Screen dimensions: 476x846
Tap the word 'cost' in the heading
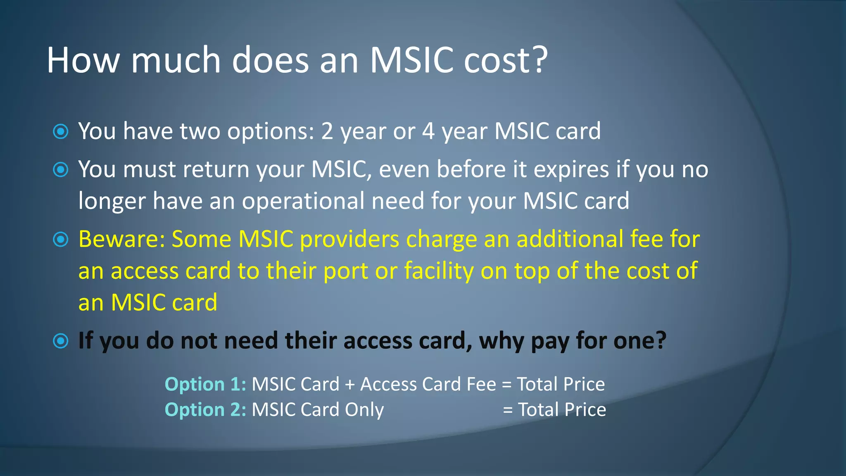pos(496,61)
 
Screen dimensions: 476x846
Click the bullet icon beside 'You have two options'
pos(61,132)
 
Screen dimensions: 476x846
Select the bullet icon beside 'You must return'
pos(61,170)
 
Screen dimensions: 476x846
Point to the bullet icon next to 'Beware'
pos(61,240)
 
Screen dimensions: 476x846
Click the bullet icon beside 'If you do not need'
pos(61,341)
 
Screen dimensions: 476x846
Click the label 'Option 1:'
pos(205,384)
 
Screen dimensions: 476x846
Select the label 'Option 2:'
pos(205,410)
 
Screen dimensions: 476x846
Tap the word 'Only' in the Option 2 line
pos(364,410)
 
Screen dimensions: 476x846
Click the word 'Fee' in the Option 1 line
pos(481,384)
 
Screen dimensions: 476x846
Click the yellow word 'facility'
pos(439,271)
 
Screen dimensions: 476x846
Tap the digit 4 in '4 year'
pos(428,131)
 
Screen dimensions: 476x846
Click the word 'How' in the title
pos(83,61)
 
